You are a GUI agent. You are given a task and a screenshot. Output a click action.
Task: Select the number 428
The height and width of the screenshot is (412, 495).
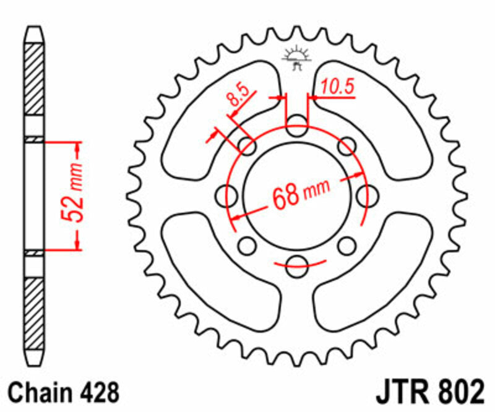(x=96, y=393)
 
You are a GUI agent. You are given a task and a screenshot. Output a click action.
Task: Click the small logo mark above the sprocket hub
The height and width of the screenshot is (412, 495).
(x=296, y=58)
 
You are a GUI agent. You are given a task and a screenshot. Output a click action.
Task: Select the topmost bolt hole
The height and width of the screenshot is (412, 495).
(x=297, y=125)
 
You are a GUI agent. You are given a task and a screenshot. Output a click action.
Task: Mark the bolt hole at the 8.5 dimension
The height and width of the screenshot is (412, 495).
(x=247, y=147)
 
